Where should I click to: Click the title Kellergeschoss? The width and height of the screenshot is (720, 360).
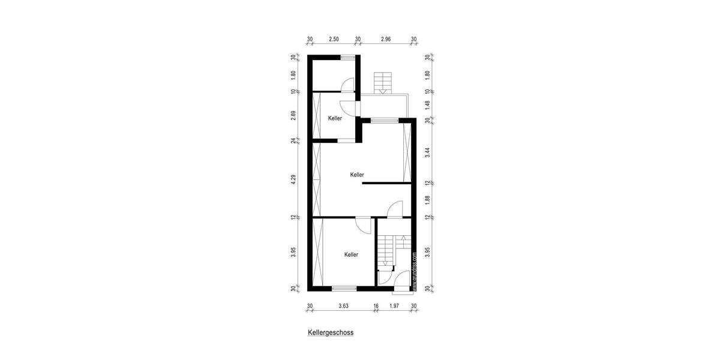[331, 331]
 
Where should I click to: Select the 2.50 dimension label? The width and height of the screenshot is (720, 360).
[334, 40]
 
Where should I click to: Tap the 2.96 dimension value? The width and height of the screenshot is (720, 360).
[386, 40]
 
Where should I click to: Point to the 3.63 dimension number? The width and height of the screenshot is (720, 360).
[343, 306]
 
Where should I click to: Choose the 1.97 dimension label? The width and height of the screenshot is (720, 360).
[394, 306]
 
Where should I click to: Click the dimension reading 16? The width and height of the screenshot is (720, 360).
[376, 306]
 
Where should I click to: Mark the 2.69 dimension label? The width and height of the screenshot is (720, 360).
[294, 116]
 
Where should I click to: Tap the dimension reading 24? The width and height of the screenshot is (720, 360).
[294, 141]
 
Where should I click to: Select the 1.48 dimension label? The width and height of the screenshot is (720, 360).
[427, 106]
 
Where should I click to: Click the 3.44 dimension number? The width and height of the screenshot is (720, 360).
[427, 152]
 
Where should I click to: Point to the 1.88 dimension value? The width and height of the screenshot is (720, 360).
[427, 200]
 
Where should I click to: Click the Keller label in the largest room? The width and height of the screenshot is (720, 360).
[357, 175]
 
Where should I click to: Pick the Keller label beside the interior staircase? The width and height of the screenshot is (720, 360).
[351, 254]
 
